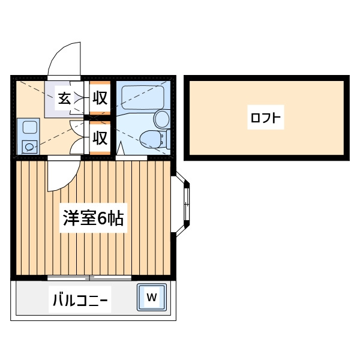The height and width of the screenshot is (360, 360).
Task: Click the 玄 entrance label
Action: click(x=64, y=98)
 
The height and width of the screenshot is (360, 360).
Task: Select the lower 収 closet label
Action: click(x=100, y=138)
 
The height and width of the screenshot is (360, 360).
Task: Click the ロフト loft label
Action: click(x=266, y=118)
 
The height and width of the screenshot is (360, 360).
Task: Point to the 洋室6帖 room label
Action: click(x=94, y=218)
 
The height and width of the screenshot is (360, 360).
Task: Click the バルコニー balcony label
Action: click(x=80, y=299)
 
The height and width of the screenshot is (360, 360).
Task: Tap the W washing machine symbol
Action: click(x=152, y=298)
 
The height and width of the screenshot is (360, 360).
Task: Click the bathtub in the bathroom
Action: click(x=143, y=97)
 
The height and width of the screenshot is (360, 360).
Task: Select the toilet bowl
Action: click(x=152, y=139)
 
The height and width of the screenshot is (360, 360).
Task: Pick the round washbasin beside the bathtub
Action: click(x=163, y=119)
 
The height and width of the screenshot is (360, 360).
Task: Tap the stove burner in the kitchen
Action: click(x=29, y=147)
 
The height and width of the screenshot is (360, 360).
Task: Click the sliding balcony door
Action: click(x=89, y=278)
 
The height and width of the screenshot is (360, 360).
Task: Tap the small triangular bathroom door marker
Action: click(x=121, y=149)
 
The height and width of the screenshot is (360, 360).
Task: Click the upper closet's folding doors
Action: click(x=77, y=98)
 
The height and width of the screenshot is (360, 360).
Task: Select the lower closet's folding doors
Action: click(x=77, y=138)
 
